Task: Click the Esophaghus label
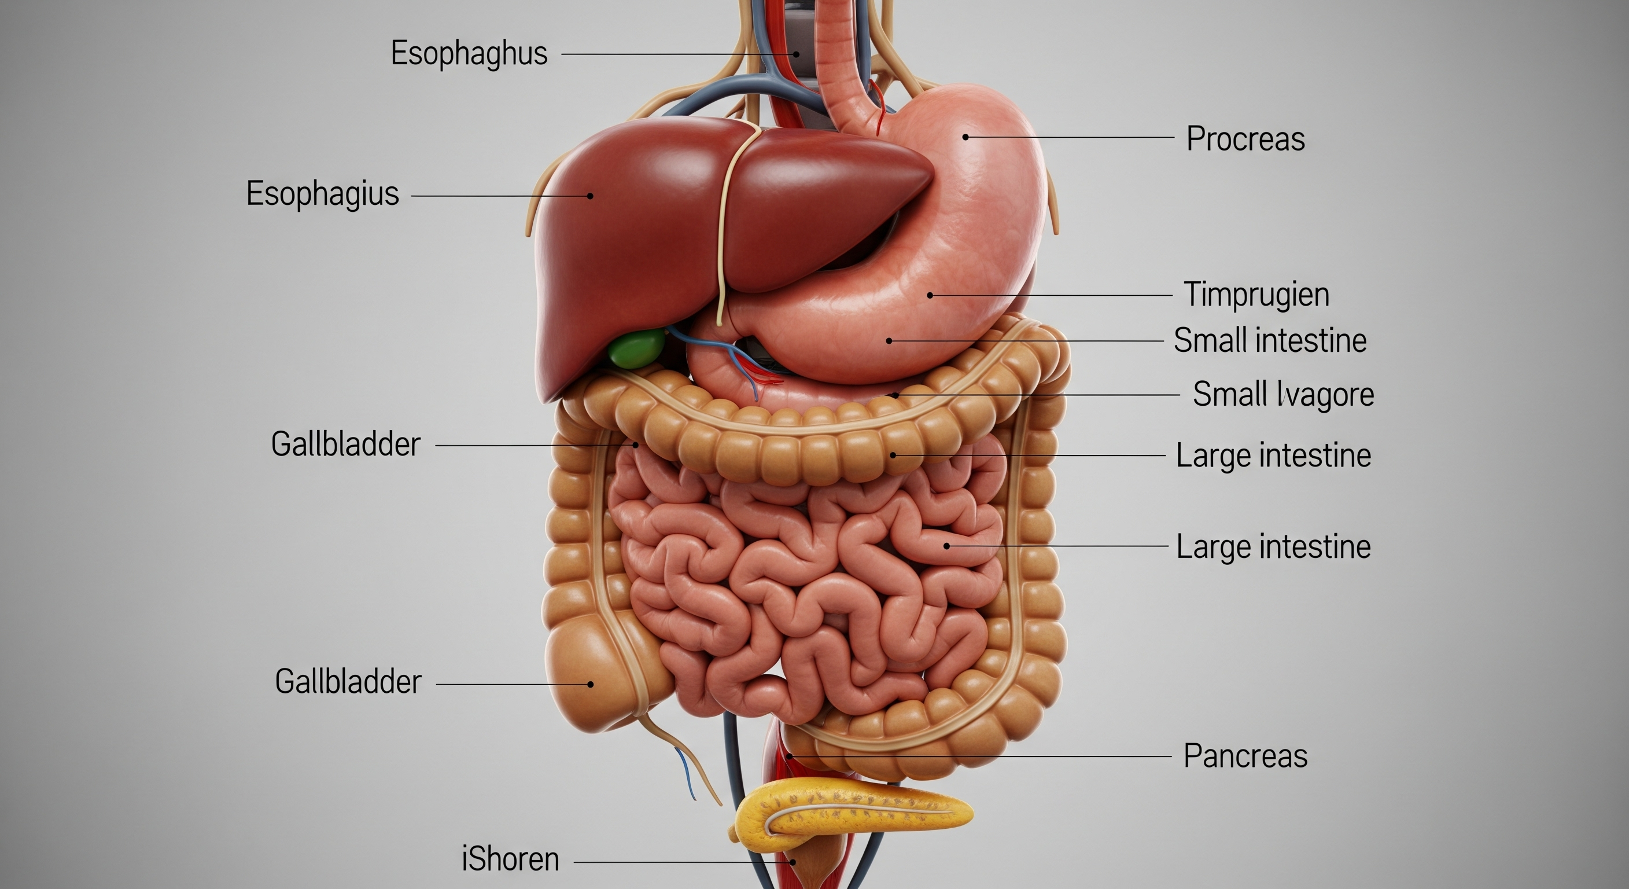[469, 54]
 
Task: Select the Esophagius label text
[323, 194]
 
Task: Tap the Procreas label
[1245, 139]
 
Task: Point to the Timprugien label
[1256, 295]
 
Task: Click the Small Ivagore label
[1283, 394]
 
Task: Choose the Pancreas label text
[1245, 756]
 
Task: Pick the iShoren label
[510, 860]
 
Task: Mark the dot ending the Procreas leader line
[965, 137]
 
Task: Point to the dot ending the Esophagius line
[591, 196]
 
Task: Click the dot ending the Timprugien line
[930, 295]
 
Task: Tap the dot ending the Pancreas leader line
[789, 756]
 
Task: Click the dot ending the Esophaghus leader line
[796, 54]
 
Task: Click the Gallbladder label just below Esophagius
[345, 444]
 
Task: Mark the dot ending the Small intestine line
[889, 340]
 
